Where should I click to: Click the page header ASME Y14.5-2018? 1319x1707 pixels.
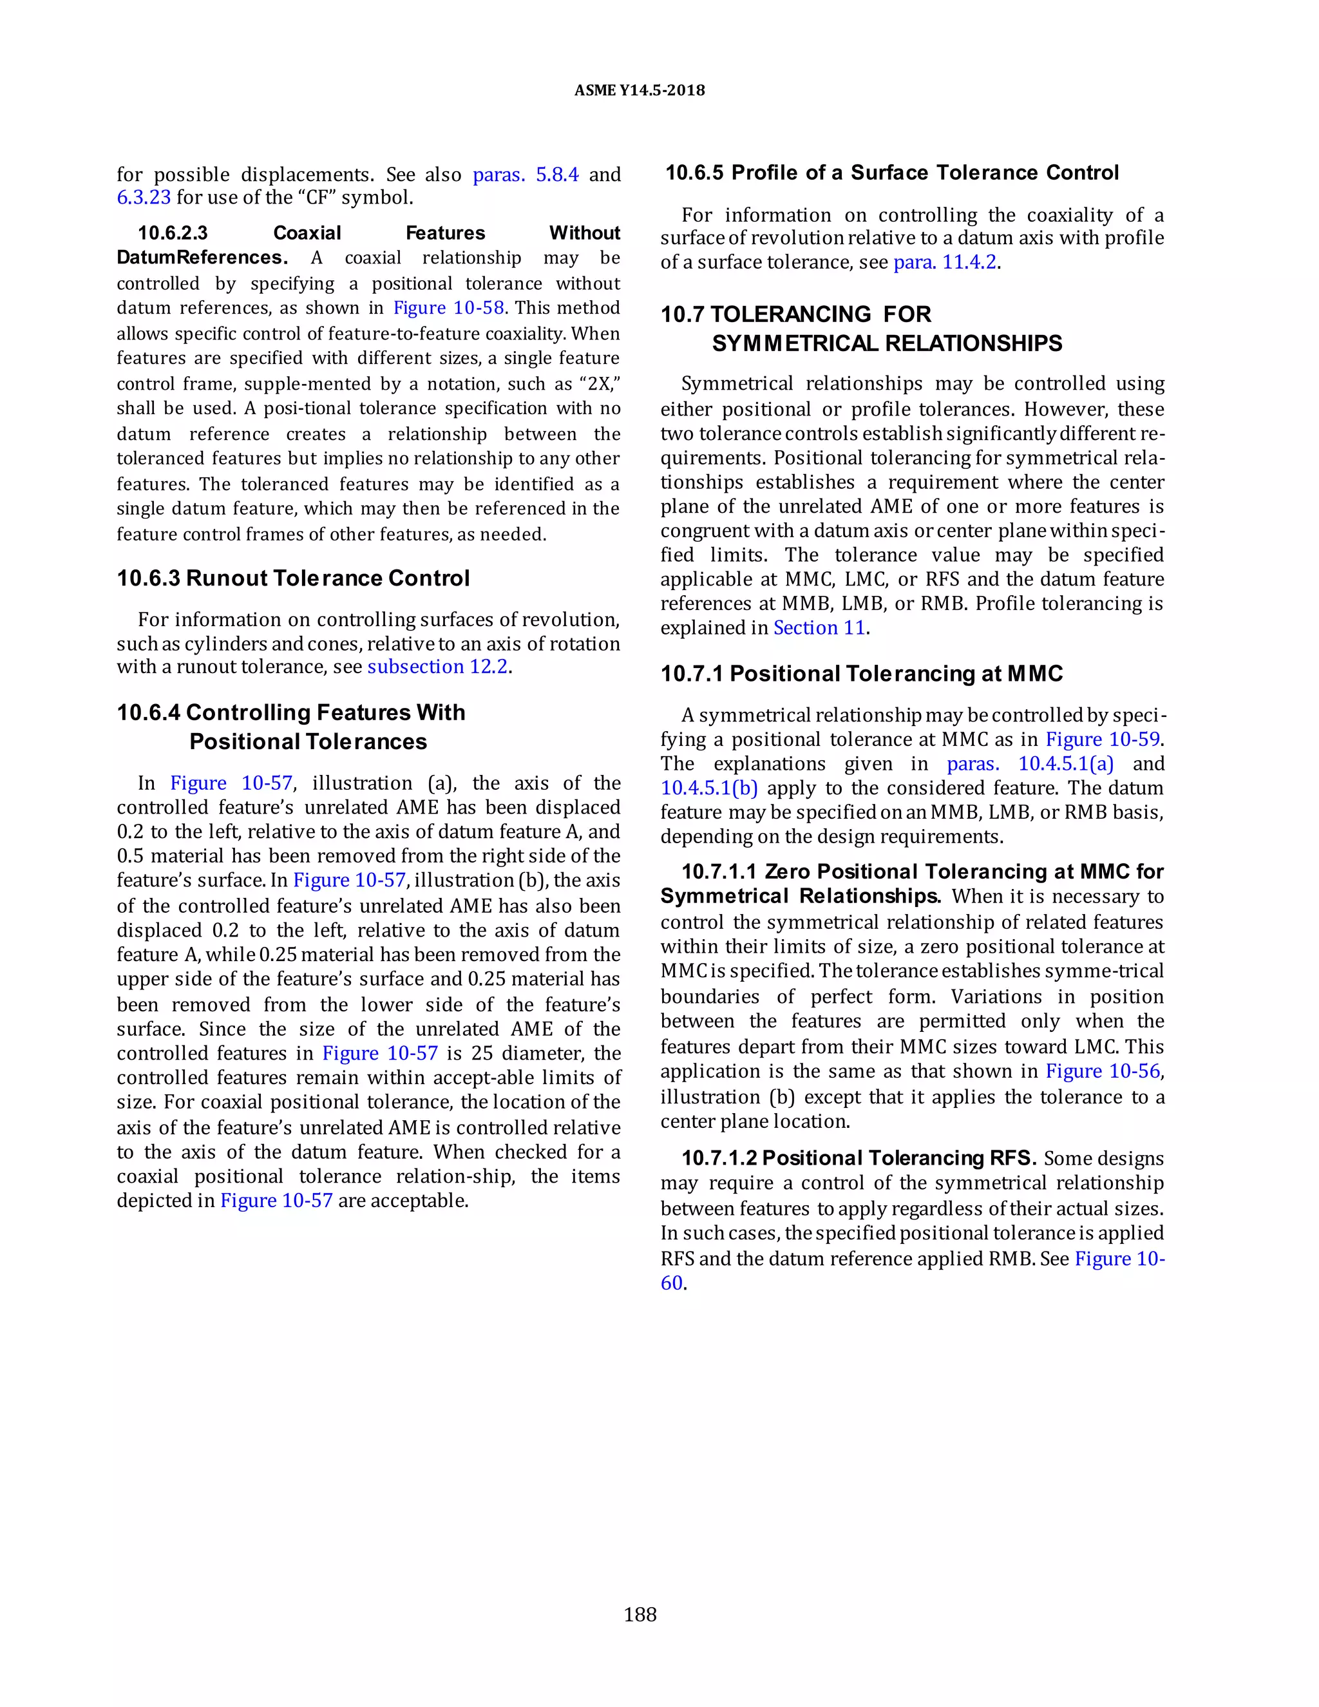[x=639, y=91]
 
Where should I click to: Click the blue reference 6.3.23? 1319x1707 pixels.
[x=144, y=197]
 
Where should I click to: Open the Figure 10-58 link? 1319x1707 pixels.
[x=448, y=308]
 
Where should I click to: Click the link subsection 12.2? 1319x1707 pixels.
[x=437, y=667]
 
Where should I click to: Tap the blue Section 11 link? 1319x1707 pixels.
[x=819, y=627]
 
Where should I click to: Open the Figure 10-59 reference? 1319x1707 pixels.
[x=1103, y=739]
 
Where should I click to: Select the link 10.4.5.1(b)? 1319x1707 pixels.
[x=708, y=788]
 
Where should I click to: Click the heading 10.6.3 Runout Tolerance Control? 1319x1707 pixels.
[x=293, y=578]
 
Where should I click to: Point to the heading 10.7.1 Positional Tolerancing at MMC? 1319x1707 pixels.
[x=861, y=674]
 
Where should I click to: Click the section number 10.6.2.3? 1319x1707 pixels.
[x=173, y=233]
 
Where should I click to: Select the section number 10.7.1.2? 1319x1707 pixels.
[x=719, y=1158]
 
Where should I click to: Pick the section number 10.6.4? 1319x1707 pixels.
[x=149, y=713]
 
